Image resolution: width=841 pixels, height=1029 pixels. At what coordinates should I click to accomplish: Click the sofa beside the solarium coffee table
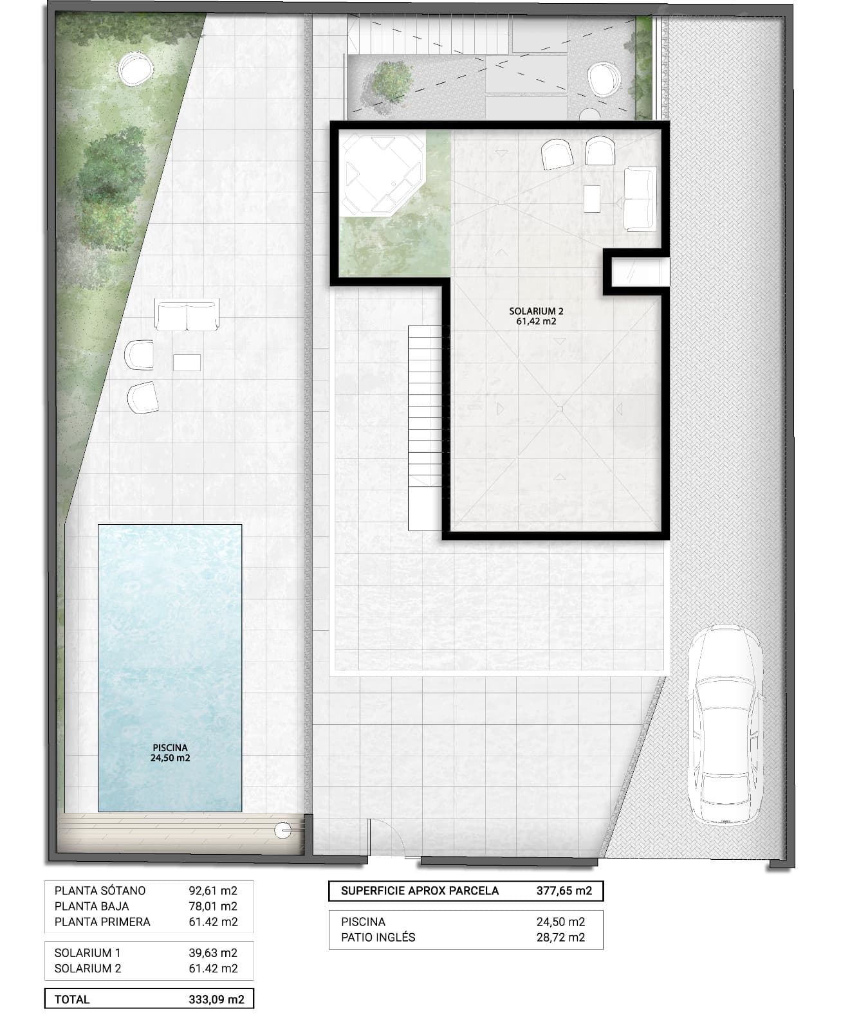click(x=640, y=199)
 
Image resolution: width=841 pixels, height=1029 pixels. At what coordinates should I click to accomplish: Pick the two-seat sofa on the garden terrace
click(x=187, y=315)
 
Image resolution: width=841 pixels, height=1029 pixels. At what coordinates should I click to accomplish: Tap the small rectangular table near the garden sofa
click(x=187, y=362)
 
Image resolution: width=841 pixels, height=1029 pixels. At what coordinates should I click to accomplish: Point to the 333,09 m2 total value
click(x=217, y=999)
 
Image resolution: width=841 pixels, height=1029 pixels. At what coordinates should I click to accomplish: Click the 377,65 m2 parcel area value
click(x=564, y=891)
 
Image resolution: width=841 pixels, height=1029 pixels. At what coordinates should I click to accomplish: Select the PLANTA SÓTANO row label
click(x=100, y=891)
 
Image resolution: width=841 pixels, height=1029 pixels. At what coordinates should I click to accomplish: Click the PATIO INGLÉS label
click(x=378, y=937)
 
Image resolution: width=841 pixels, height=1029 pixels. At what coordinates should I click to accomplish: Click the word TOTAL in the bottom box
click(x=72, y=999)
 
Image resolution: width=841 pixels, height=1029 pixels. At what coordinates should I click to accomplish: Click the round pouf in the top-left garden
click(x=136, y=69)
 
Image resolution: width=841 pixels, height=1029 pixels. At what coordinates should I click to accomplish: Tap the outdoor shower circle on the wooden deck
click(x=282, y=830)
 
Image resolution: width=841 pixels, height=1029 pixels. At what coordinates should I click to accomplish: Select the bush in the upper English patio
click(x=387, y=82)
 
